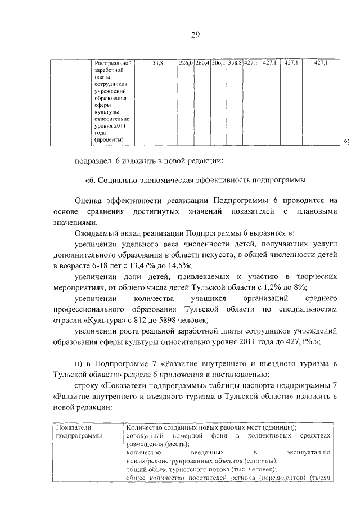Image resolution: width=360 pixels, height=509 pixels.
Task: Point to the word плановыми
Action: click(x=317, y=211)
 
